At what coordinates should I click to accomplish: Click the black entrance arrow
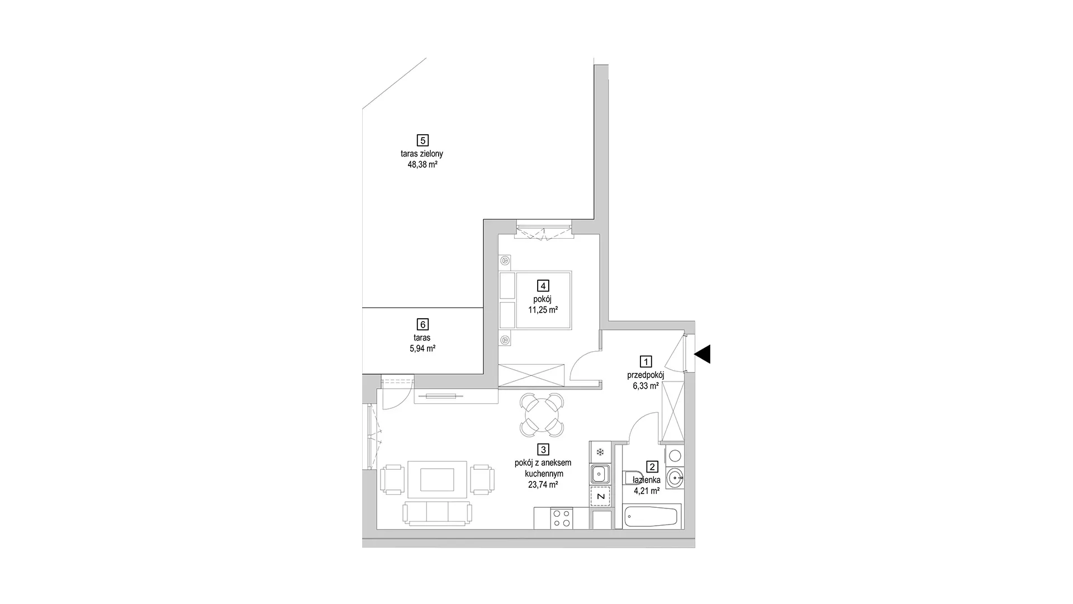702,354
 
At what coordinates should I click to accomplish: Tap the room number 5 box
422,140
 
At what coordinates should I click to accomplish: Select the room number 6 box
422,324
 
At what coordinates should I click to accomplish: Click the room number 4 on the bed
543,286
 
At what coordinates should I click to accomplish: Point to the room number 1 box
645,362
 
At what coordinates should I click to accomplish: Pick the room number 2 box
652,466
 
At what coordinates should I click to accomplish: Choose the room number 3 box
543,449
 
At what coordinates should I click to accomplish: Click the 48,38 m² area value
422,165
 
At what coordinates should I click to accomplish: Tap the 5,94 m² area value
422,348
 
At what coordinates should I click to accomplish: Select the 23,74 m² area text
543,485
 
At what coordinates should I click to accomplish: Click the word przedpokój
645,375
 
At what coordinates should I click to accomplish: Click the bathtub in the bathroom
652,516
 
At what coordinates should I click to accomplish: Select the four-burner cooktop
562,518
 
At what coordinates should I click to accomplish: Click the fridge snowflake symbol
600,452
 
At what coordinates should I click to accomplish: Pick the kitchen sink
600,475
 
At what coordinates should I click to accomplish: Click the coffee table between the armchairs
438,479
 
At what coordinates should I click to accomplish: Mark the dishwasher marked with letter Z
600,496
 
